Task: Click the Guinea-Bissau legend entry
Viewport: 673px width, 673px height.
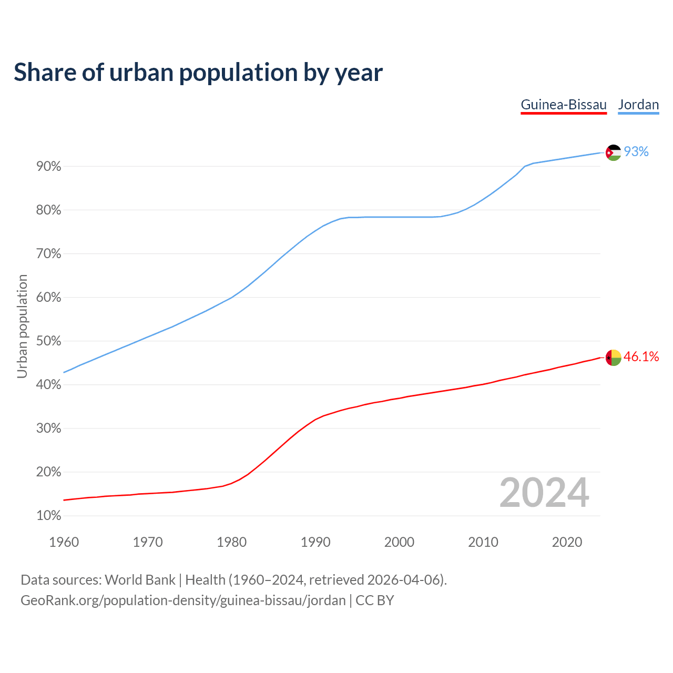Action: pos(564,105)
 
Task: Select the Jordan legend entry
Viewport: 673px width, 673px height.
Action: pos(638,105)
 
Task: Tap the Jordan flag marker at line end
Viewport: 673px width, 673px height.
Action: pos(614,152)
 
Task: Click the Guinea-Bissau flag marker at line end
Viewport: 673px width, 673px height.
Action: pos(614,358)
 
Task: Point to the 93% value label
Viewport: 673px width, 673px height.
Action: pos(636,152)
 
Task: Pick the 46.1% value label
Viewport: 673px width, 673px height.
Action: pos(641,357)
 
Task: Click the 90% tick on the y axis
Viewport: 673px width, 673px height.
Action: pos(49,167)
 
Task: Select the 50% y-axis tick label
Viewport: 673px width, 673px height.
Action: pos(49,341)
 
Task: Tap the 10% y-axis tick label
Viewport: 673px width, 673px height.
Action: pos(49,516)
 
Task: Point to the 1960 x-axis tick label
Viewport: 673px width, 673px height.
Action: pos(64,542)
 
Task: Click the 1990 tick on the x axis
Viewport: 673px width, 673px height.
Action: pos(315,542)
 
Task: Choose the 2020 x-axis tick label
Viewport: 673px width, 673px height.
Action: pos(567,542)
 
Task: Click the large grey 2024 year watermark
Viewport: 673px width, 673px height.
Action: pos(544,493)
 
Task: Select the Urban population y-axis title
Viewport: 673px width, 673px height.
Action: pos(22,326)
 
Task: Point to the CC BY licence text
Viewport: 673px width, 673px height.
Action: pos(375,600)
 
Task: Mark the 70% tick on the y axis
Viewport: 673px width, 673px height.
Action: pos(49,254)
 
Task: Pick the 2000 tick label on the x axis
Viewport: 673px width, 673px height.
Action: pos(399,542)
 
